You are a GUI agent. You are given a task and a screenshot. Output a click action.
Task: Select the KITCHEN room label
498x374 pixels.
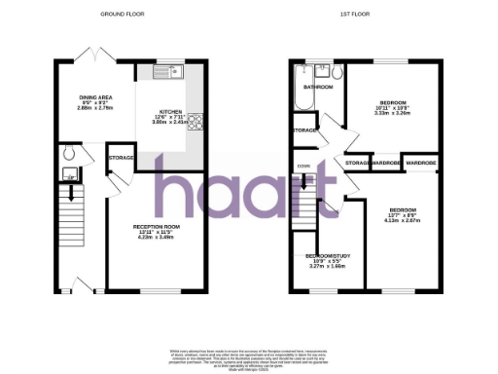(x=172, y=112)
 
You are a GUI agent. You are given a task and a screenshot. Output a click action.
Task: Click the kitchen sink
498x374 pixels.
(x=171, y=70)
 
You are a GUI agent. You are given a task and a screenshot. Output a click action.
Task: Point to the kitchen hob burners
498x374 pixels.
(x=195, y=122)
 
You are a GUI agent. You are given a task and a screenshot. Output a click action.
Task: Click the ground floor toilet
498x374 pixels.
(x=67, y=153)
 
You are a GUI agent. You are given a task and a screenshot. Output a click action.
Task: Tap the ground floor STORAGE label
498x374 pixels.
(x=121, y=157)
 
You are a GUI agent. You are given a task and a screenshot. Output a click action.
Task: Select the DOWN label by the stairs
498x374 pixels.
(x=303, y=167)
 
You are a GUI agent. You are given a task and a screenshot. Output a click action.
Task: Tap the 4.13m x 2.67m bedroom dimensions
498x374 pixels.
(x=402, y=221)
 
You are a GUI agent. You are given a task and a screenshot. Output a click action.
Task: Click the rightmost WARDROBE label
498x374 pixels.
(x=420, y=162)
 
